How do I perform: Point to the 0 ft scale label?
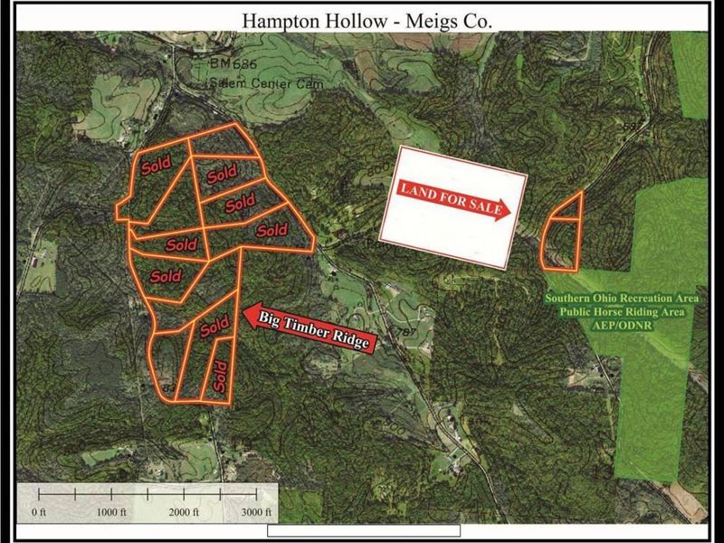[x=38, y=512]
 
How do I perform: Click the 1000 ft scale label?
[x=110, y=512]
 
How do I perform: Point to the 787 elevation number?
[x=405, y=334]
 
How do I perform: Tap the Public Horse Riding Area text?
[x=615, y=312]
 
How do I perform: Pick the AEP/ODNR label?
[x=615, y=325]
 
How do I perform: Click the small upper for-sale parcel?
[x=566, y=208]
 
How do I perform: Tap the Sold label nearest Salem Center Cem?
[x=223, y=172]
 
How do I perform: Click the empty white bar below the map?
[x=364, y=530]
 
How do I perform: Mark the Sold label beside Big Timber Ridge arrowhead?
[x=214, y=327]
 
